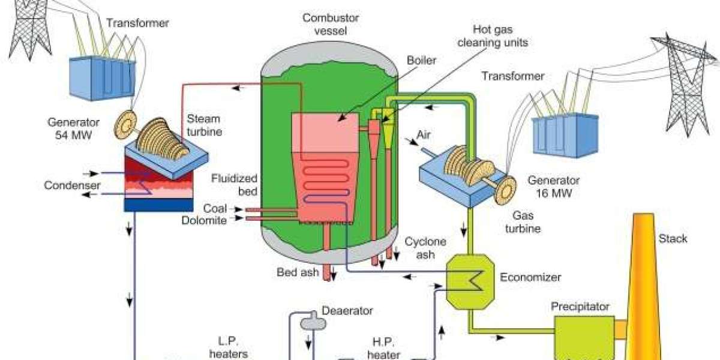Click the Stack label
(x=674, y=239)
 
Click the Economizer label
(x=530, y=277)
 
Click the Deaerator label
(x=347, y=311)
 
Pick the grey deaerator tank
(x=313, y=322)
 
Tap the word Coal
(x=215, y=209)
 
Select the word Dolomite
(x=205, y=221)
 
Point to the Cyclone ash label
(x=425, y=248)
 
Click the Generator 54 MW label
(x=70, y=129)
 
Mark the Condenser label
(x=72, y=185)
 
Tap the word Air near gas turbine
(x=424, y=135)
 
